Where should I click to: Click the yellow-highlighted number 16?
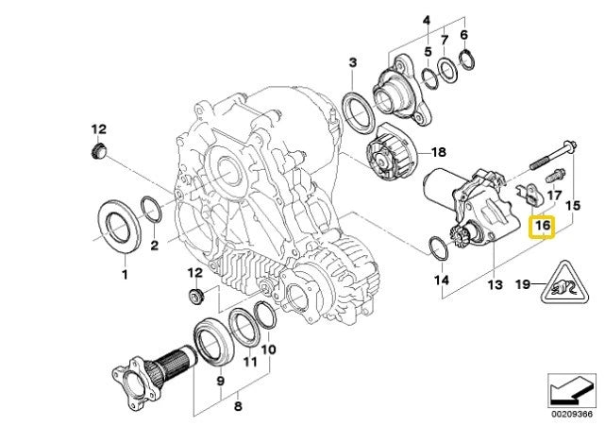coord(542,228)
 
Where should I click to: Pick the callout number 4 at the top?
coord(427,20)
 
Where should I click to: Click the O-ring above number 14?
coord(437,249)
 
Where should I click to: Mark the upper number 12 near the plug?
coord(99,128)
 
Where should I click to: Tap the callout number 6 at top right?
coord(463,35)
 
